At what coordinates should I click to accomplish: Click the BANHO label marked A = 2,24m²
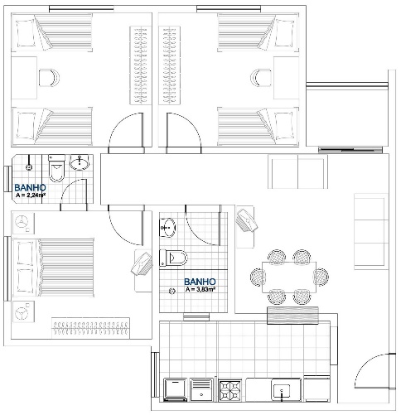pos(30,188)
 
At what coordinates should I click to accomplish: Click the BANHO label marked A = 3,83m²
pos(200,282)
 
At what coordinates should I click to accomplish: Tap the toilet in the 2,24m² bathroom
pos(56,168)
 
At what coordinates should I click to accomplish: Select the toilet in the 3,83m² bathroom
pos(173,258)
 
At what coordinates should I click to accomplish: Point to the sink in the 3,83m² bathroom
pos(167,228)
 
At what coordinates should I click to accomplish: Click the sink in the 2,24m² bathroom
pos(80,162)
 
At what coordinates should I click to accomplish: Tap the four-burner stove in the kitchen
pos(229,390)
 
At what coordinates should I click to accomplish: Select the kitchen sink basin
pos(282,392)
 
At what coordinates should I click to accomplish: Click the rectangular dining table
pos(289,277)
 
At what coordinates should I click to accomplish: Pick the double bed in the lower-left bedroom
pos(53,268)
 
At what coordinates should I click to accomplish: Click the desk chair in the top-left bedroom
pos(49,78)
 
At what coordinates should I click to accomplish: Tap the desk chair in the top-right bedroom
pos(261,78)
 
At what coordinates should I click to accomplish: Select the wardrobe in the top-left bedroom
pos(141,65)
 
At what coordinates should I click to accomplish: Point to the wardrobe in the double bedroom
pos(90,328)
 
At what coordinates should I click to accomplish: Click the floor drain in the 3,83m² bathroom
pos(172,291)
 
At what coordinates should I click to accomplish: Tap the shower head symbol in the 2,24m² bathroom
pos(29,167)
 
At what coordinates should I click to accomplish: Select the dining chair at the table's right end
pos(321,276)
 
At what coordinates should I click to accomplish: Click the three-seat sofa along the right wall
pos(370,231)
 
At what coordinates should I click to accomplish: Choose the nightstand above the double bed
pos(23,224)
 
